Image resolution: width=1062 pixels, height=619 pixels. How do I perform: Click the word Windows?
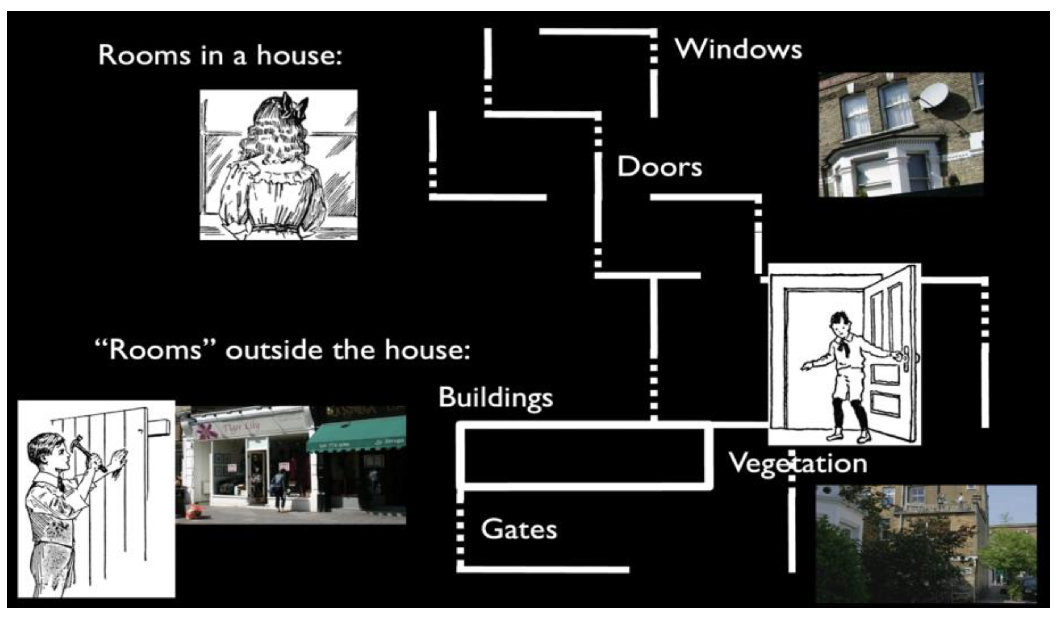738,50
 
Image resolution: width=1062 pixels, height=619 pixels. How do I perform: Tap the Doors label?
659,167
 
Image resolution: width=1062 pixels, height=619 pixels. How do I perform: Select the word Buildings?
496,398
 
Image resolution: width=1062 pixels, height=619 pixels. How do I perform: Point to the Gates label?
519,529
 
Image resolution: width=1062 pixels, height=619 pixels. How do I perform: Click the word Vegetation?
798,464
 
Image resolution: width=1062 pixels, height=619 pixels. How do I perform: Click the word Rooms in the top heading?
144,56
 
